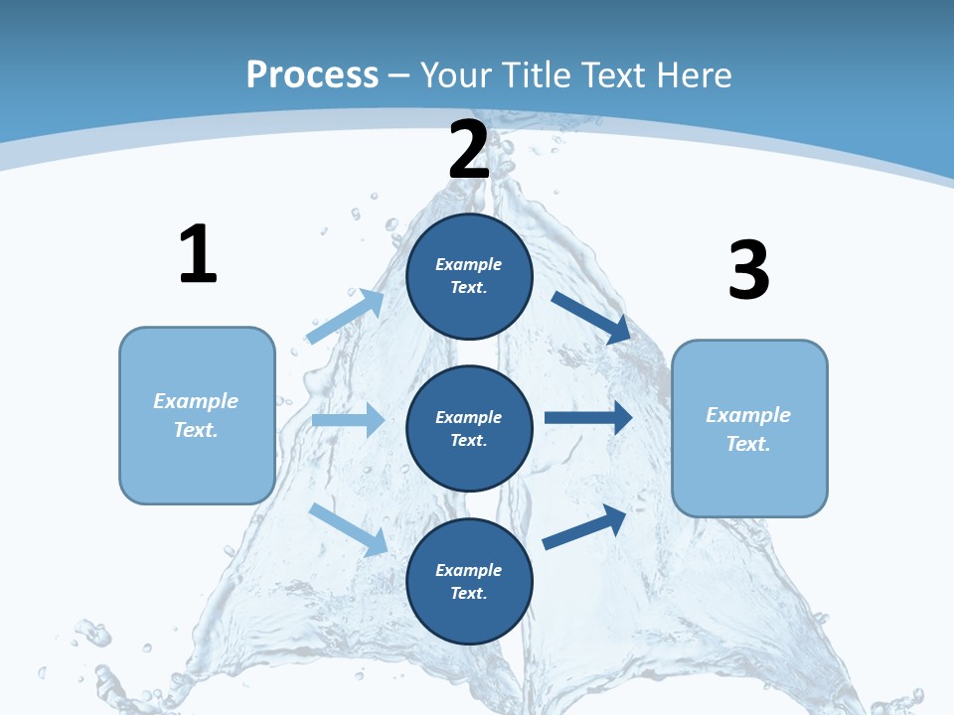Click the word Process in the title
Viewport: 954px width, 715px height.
click(312, 75)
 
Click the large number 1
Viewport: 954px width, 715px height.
click(198, 254)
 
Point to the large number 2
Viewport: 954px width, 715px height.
click(469, 149)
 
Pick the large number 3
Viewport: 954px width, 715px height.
click(748, 271)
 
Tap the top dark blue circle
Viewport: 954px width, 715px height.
click(469, 276)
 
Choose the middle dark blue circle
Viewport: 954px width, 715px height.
click(469, 428)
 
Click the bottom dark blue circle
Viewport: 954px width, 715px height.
click(469, 581)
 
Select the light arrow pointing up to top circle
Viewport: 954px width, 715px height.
click(346, 317)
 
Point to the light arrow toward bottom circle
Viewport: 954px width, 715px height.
click(348, 529)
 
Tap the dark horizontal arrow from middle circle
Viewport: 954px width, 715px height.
click(588, 417)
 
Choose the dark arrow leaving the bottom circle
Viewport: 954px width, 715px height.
click(584, 526)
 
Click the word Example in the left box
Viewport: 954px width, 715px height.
click(196, 401)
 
